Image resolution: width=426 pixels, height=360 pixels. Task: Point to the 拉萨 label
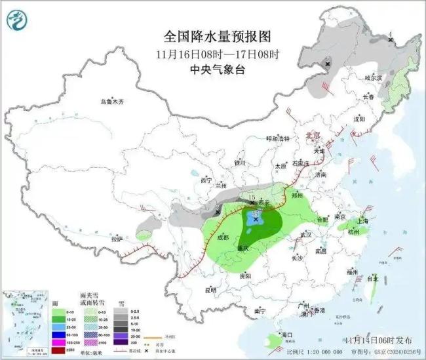[x=117, y=239]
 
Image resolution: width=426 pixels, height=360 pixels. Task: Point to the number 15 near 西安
[x=252, y=197]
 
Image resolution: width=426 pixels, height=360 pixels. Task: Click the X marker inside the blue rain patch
[x=255, y=220]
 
